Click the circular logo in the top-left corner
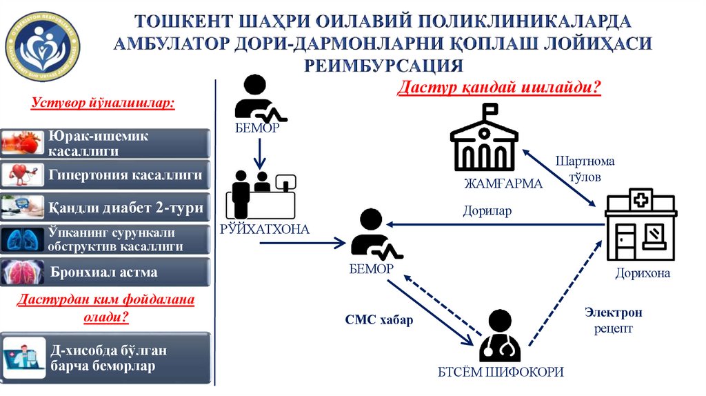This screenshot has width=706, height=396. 43,43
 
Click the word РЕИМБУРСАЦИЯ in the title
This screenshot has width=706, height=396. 384,66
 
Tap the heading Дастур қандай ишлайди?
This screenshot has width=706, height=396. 499,88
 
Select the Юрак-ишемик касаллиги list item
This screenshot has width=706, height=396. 105,143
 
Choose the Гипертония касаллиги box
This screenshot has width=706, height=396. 105,175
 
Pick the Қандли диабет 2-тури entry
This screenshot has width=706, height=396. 105,207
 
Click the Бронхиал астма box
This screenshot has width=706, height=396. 105,272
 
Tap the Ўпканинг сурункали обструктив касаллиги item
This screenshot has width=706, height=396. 105,239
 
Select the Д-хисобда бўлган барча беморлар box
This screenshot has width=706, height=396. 105,358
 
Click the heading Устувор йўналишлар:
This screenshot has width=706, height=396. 103,103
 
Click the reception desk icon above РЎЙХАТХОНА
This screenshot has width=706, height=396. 261,195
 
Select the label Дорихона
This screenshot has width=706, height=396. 643,273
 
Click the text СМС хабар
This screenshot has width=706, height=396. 379,320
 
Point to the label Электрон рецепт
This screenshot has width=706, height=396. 614,321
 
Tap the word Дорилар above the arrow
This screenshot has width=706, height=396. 487,211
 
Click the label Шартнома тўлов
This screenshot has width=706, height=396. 585,169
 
